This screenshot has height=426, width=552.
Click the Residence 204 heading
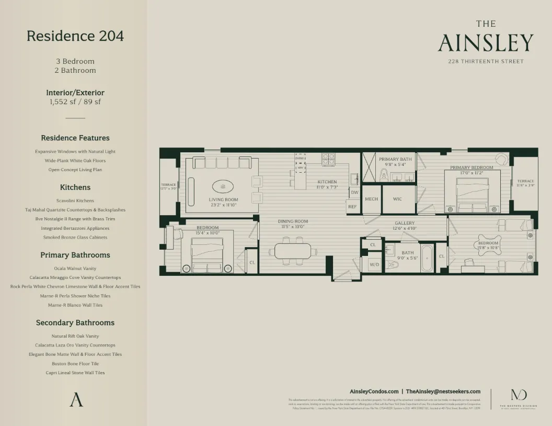[x=75, y=36]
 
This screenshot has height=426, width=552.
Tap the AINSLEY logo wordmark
[x=486, y=43]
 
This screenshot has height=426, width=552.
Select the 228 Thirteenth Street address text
[x=486, y=61]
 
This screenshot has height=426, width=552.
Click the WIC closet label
[x=397, y=199]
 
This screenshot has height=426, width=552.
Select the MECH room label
[x=371, y=199]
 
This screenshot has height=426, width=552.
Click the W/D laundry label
[x=375, y=264]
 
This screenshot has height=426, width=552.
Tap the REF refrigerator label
[x=353, y=207]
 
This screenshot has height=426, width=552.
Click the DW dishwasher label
[x=354, y=192]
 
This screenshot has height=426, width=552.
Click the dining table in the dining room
[x=293, y=251]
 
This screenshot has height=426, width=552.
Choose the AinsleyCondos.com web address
[x=374, y=391]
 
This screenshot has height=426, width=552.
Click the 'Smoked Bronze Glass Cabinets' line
[x=75, y=237]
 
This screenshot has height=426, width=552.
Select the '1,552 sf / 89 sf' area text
[x=75, y=102]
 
